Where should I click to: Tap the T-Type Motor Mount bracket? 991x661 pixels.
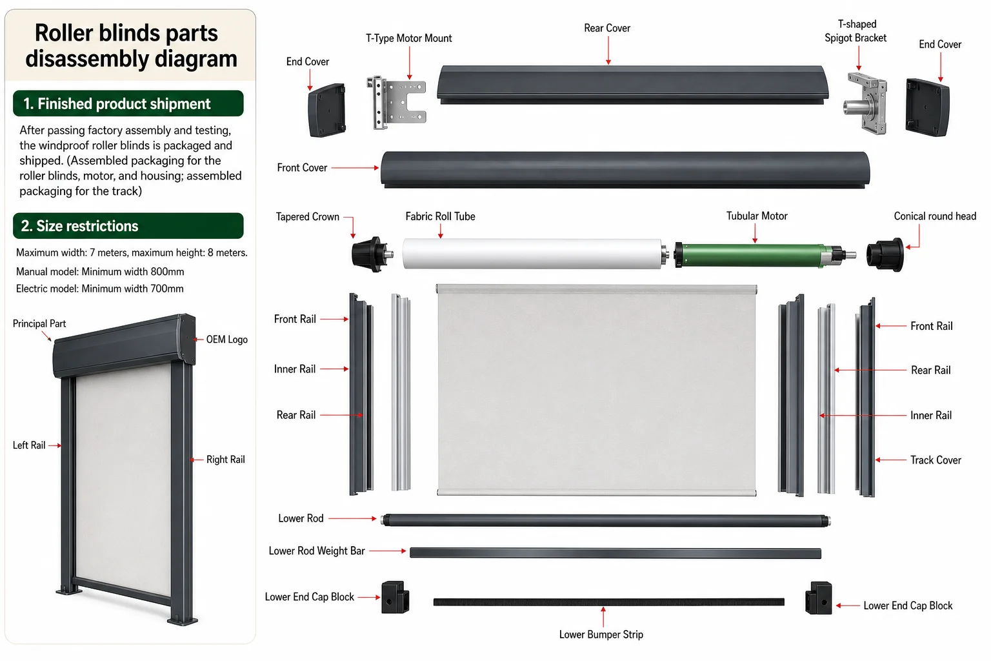tap(396, 103)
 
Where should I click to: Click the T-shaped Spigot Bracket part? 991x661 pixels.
tap(865, 103)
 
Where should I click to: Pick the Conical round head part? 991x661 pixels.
tap(885, 254)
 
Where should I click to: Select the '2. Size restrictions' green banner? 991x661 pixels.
tap(128, 226)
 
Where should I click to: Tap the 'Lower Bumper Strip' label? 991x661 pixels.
tap(601, 635)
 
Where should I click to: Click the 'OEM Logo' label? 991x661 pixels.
tap(227, 340)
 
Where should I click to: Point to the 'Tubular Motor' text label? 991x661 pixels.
tap(757, 216)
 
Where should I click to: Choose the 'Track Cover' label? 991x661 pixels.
tap(936, 460)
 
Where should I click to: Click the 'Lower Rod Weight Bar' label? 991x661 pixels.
tap(317, 551)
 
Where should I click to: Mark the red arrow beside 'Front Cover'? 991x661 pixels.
tap(355, 168)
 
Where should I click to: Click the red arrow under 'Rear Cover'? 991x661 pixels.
tap(608, 50)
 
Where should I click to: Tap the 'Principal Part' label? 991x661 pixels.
tap(39, 323)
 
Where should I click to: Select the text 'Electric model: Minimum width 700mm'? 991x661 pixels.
tap(99, 289)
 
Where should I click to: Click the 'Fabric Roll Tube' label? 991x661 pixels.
tap(440, 216)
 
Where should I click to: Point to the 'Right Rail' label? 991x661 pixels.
tap(226, 460)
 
